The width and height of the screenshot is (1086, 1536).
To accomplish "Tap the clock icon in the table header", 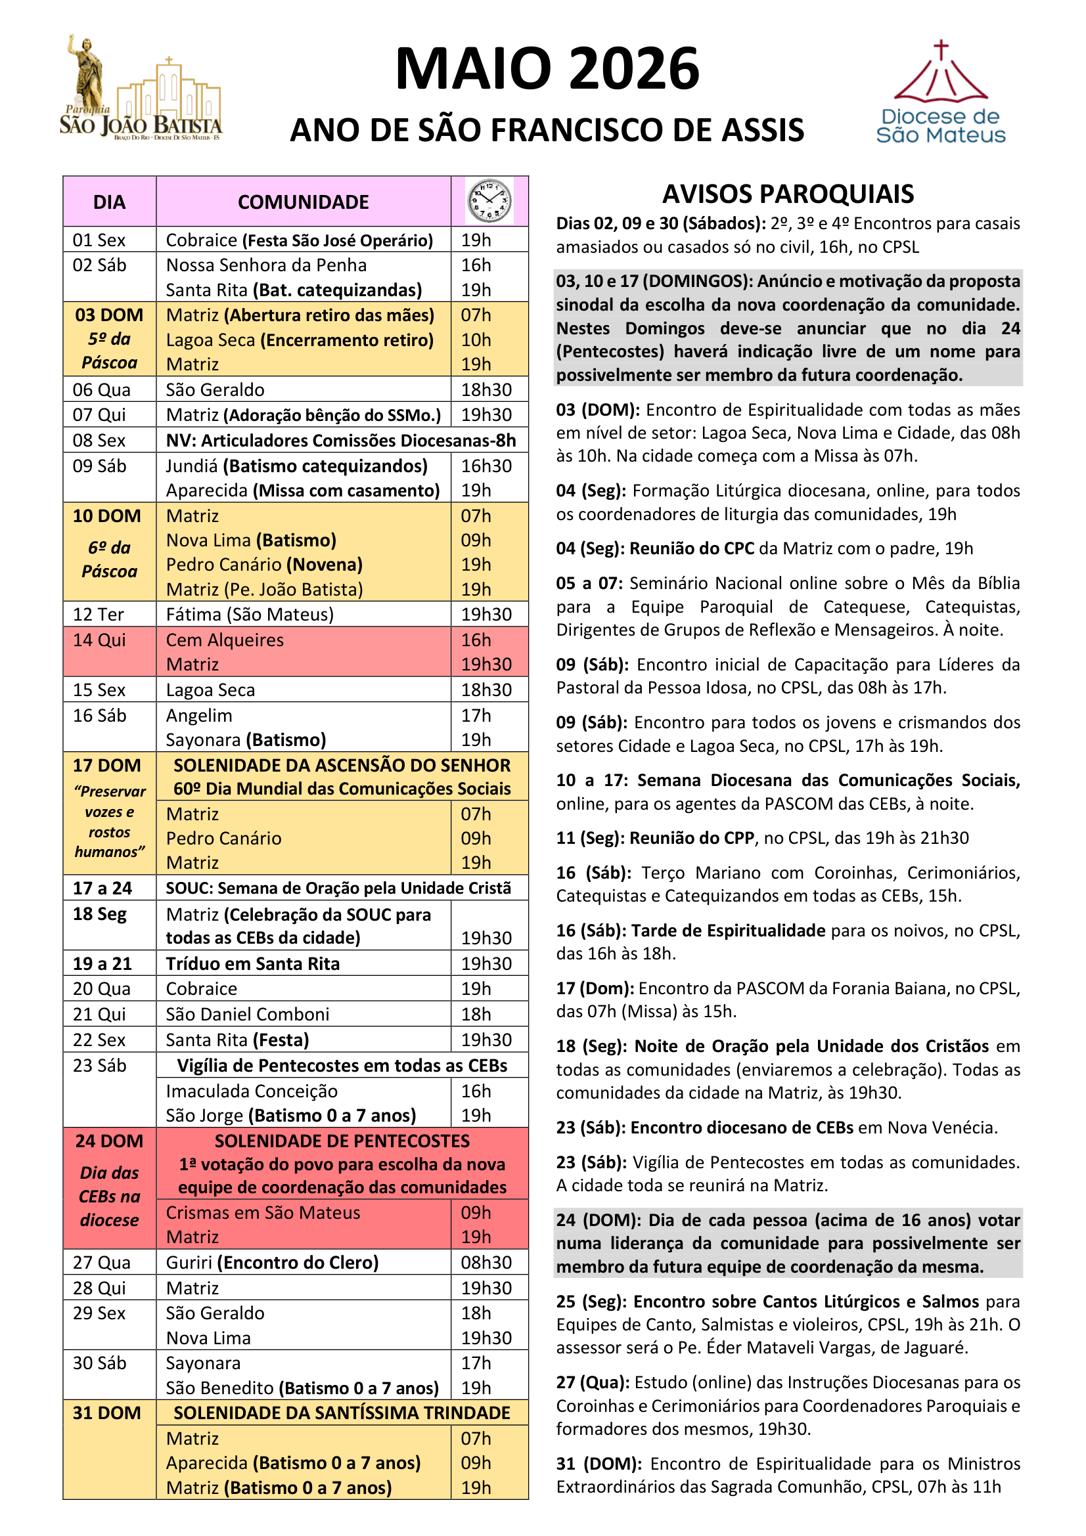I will pyautogui.click(x=489, y=201).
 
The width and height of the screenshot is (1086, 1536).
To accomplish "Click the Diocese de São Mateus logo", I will pyautogui.click(x=940, y=93).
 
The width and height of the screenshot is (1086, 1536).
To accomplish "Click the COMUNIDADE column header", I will pyautogui.click(x=303, y=202).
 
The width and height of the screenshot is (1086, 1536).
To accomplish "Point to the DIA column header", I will pyautogui.click(x=109, y=202).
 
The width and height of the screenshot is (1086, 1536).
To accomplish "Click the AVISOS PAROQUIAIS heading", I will pyautogui.click(x=788, y=194).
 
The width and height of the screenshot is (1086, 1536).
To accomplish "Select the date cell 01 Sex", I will pyautogui.click(x=99, y=240).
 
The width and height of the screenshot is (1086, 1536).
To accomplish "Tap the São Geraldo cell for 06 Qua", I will pyautogui.click(x=215, y=389).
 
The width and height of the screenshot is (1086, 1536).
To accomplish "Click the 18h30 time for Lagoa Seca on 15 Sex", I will pyautogui.click(x=486, y=690).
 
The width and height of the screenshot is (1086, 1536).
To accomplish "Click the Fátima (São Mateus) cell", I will pyautogui.click(x=250, y=614).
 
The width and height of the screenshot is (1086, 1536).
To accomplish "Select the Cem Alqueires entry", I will pyautogui.click(x=225, y=640).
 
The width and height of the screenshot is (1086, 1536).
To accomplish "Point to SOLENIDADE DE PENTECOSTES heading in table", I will pyautogui.click(x=342, y=1141).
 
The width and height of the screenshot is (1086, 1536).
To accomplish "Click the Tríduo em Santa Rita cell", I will pyautogui.click(x=253, y=963).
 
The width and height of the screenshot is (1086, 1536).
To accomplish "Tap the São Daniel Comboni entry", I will pyautogui.click(x=248, y=1014).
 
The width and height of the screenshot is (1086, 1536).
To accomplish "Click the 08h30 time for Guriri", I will pyautogui.click(x=486, y=1262).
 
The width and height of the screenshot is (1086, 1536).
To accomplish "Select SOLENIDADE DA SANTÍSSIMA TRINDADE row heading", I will pyautogui.click(x=342, y=1413).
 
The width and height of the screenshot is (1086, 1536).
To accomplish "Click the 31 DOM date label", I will pyautogui.click(x=107, y=1413).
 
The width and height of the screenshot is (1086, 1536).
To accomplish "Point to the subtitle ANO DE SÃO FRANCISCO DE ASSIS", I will pyautogui.click(x=547, y=130).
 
